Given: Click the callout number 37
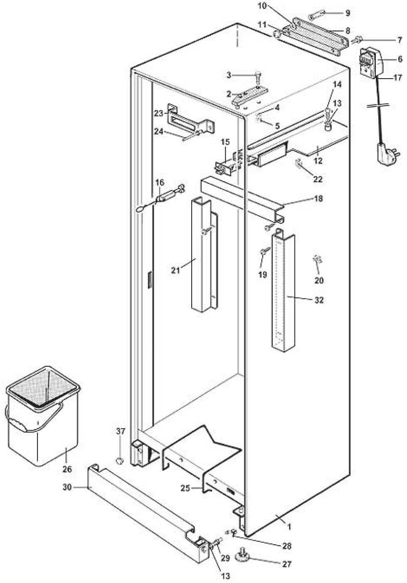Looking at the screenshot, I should [120, 432].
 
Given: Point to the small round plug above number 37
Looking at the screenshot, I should [120, 460].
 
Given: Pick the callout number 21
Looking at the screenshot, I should [175, 270].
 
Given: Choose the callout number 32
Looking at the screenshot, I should [319, 300].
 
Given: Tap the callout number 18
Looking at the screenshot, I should [318, 199].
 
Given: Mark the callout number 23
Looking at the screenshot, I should [158, 113].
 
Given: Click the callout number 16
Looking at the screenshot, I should [160, 183].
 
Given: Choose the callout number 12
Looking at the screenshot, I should [317, 160].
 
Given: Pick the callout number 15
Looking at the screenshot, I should [224, 142].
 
